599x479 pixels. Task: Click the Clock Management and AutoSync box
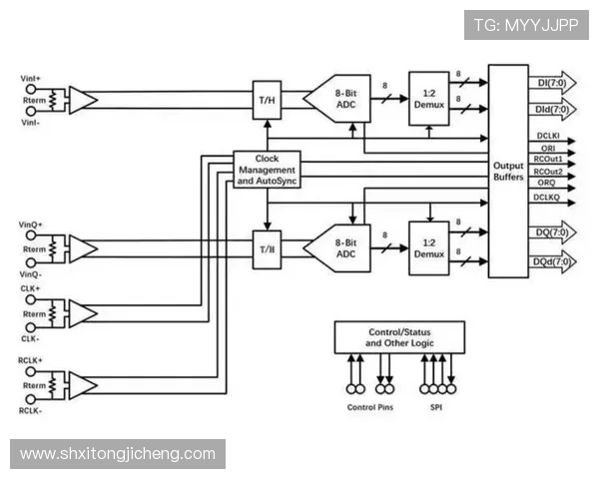coord(267,171)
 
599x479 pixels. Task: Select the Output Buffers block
coord(508,171)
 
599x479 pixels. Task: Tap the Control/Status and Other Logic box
coord(398,336)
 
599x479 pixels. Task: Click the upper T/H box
coord(267,101)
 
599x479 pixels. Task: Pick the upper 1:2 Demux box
coord(429,98)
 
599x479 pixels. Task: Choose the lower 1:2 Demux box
coord(429,248)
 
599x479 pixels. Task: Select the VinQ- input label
coord(31,273)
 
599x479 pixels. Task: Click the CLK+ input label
coord(30,289)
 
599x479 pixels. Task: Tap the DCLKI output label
coord(547,136)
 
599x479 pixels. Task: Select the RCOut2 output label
coord(547,172)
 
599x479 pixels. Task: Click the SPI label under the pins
coord(436,407)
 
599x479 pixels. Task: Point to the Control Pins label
coord(368,407)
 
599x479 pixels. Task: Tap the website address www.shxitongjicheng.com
coord(118,454)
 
